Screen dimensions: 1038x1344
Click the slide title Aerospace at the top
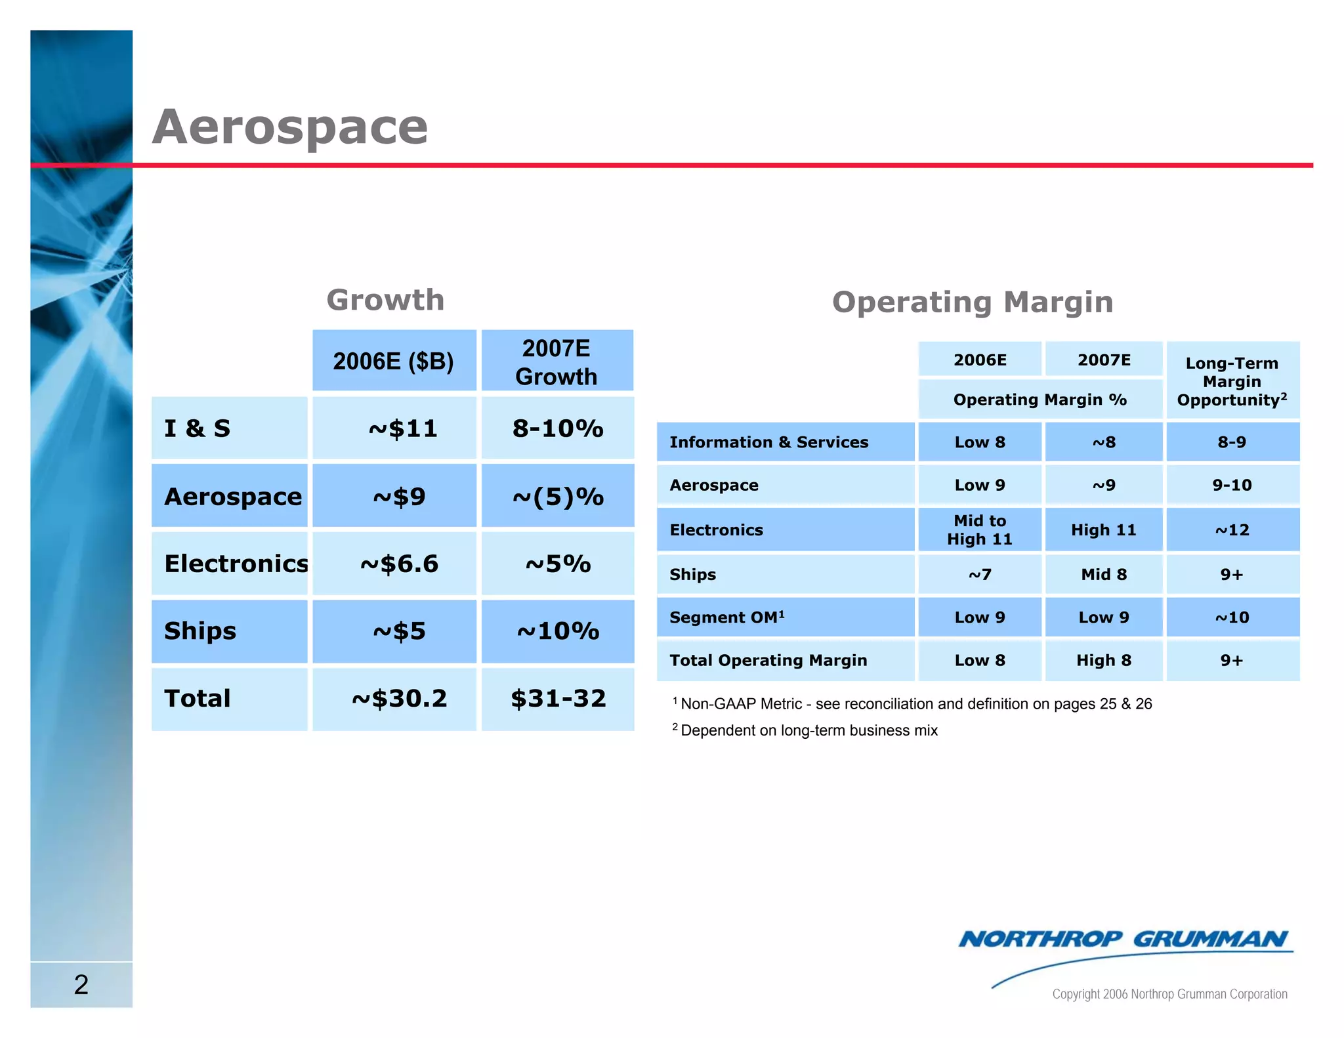click(289, 127)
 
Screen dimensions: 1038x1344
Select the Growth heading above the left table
click(385, 300)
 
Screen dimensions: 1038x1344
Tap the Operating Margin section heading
click(972, 302)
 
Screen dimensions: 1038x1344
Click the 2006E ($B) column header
click(393, 361)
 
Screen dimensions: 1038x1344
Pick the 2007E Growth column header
click(556, 362)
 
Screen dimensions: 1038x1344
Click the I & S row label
click(198, 428)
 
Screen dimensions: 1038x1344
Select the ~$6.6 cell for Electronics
click(399, 564)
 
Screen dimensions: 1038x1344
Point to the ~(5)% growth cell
click(558, 497)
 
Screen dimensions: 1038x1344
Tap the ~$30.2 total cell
click(399, 698)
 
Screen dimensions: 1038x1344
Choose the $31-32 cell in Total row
click(558, 698)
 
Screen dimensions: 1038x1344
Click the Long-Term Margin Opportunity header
click(1232, 381)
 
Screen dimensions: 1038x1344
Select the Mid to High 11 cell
click(979, 529)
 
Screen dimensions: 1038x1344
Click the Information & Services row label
click(768, 442)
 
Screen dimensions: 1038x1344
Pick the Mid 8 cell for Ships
click(1104, 574)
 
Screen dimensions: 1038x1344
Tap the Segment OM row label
click(726, 617)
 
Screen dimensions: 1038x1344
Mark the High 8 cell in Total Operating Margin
click(1104, 660)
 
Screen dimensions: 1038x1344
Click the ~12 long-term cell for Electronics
click(1232, 529)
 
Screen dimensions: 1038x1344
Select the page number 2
click(81, 984)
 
